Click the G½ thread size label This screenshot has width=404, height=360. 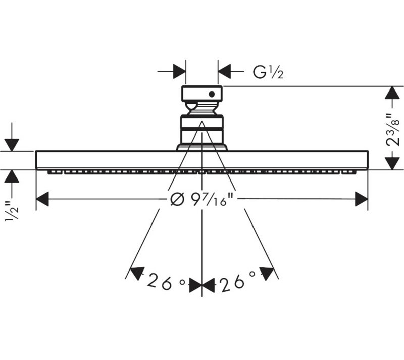pyautogui.click(x=268, y=72)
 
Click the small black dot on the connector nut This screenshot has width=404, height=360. pyautogui.click(x=212, y=94)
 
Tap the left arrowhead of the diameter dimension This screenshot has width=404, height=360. pyautogui.click(x=42, y=199)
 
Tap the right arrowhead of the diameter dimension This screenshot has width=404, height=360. pyautogui.click(x=362, y=199)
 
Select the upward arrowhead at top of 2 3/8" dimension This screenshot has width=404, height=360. pyautogui.click(x=392, y=93)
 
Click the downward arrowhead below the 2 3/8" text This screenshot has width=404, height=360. pyautogui.click(x=392, y=163)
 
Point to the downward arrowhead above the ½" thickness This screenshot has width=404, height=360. pyautogui.click(x=12, y=145)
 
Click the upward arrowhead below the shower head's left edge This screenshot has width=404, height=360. pyautogui.click(x=12, y=176)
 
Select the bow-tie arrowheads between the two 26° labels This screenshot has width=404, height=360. pyautogui.click(x=201, y=285)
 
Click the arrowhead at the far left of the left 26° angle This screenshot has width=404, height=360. pyautogui.click(x=136, y=274)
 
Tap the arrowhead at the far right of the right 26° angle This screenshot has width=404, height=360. pyautogui.click(x=267, y=274)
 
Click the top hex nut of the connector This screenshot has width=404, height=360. pyautogui.click(x=201, y=94)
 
